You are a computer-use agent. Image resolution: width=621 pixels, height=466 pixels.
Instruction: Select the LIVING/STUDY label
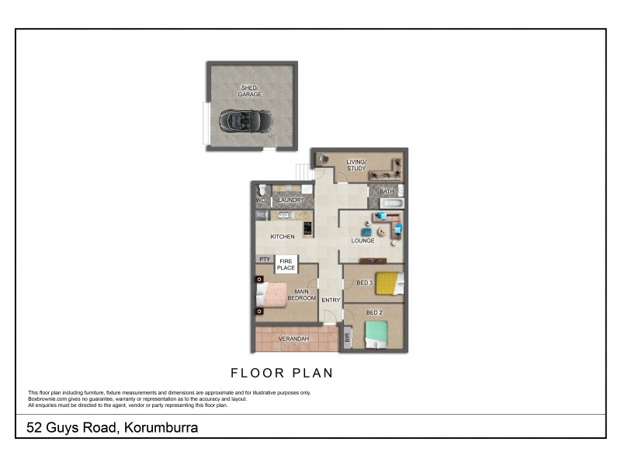[356, 165]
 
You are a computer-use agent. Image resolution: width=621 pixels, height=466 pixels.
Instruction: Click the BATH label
[387, 191]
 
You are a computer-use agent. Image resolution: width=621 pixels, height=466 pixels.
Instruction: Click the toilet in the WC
[262, 190]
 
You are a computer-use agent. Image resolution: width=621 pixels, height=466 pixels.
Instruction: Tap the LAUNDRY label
[290, 200]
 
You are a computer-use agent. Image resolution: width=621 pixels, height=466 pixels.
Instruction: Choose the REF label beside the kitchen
[262, 215]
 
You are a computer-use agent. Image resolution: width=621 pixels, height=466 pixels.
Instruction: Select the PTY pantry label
[264, 259]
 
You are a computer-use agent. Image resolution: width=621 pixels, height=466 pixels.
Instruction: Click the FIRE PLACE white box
[286, 264]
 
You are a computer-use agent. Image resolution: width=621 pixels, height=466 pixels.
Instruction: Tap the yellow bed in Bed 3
[388, 283]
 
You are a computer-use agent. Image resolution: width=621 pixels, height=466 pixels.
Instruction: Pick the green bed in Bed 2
[378, 335]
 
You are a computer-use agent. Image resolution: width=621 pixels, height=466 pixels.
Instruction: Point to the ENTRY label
[331, 300]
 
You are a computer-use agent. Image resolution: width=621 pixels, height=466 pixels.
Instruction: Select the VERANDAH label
[293, 339]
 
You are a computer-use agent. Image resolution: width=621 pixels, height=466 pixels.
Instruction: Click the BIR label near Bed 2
[348, 338]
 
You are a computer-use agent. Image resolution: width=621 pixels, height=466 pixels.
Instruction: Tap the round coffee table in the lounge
[381, 231]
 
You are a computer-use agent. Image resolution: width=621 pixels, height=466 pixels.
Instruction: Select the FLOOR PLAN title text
[282, 373]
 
